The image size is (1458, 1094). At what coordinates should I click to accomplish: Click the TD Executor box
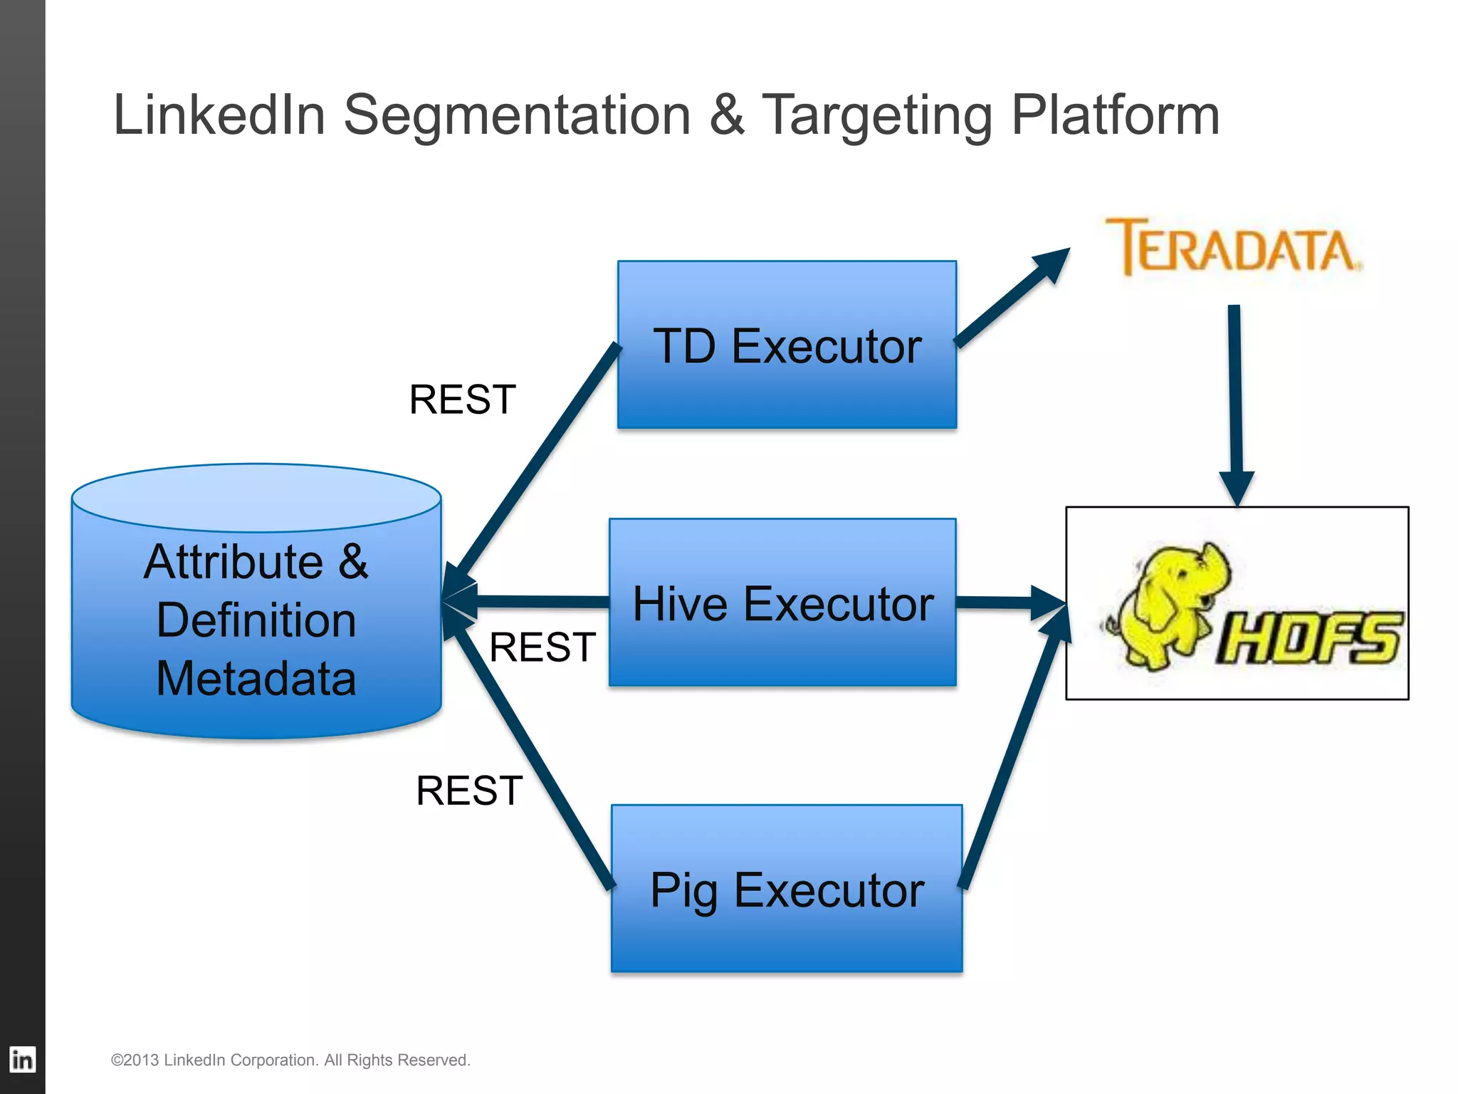(x=787, y=345)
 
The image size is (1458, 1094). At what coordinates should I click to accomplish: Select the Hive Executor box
(x=782, y=603)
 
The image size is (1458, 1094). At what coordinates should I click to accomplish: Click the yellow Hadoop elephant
(x=1168, y=605)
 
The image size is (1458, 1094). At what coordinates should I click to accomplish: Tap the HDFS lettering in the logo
(x=1310, y=639)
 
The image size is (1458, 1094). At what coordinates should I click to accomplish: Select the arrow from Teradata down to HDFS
(x=1236, y=399)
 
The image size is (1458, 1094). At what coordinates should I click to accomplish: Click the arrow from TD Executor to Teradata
(x=1011, y=299)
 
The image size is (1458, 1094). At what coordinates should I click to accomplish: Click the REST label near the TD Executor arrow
(x=462, y=399)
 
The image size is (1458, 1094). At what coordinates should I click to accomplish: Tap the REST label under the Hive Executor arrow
(x=542, y=647)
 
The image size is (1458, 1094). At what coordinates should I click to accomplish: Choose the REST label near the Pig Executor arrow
(x=469, y=791)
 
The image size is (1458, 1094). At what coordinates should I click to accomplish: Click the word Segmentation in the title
(x=517, y=115)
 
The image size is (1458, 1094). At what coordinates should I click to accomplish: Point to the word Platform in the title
(x=1115, y=115)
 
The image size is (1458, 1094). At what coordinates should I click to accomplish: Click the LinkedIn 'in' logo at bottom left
(x=22, y=1060)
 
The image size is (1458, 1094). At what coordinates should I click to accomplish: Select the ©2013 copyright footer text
(x=290, y=1060)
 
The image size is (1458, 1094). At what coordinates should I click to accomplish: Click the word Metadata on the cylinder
(x=256, y=678)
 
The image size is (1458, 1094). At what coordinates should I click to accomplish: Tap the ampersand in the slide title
(x=726, y=115)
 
